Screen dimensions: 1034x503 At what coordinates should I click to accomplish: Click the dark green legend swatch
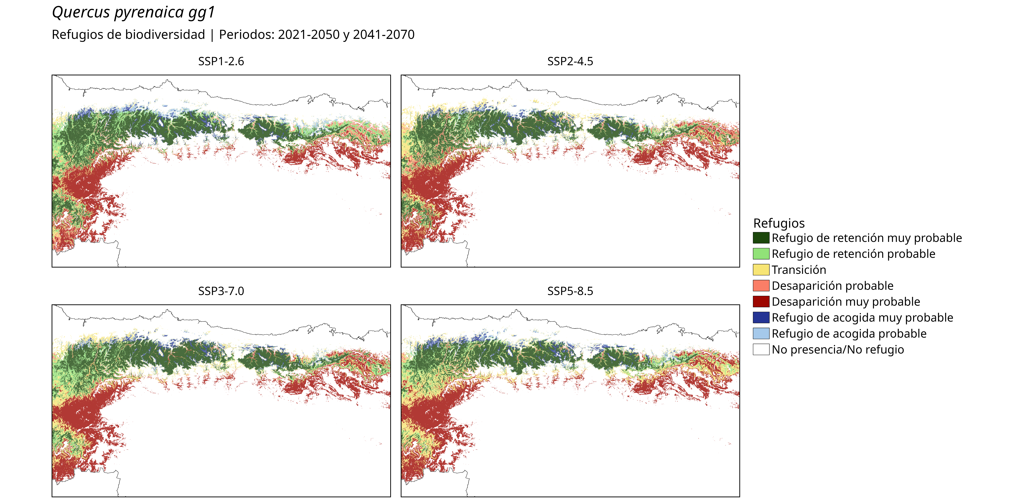(761, 238)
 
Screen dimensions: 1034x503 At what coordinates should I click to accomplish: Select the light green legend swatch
(761, 254)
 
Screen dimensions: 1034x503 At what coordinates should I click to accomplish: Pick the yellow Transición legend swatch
(761, 270)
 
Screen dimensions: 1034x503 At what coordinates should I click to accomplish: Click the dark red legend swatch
(761, 301)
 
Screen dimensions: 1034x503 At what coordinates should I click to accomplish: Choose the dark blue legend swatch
(761, 318)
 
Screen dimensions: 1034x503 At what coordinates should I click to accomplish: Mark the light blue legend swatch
(761, 334)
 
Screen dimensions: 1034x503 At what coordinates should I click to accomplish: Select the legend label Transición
(799, 270)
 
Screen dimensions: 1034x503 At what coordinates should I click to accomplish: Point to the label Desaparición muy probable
(846, 301)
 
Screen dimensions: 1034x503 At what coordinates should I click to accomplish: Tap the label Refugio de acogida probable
(849, 334)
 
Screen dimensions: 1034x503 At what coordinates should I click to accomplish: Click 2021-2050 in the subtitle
(309, 35)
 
